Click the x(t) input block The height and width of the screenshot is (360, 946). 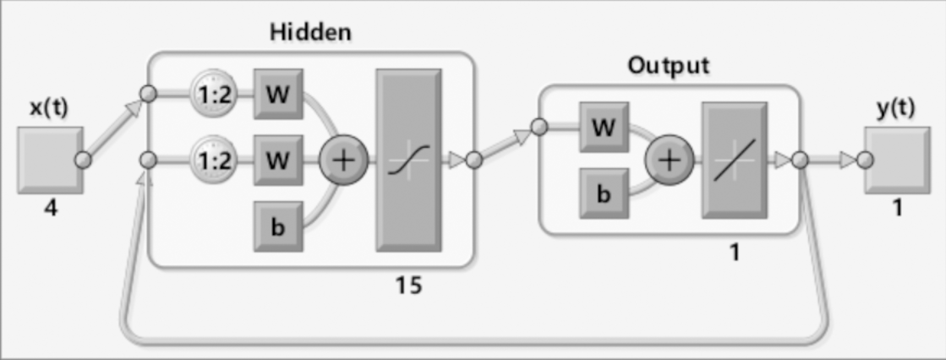tap(50, 160)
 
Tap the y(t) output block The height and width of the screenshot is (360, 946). tap(897, 160)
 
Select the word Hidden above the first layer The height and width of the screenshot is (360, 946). tap(310, 32)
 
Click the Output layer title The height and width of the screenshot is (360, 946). tap(669, 66)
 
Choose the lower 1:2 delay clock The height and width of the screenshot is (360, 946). tap(214, 160)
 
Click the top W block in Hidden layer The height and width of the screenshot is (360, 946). tap(278, 94)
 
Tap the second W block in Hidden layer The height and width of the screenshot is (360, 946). tap(278, 160)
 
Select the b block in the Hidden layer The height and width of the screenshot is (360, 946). tap(278, 227)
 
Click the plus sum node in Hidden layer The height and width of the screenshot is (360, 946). tap(343, 160)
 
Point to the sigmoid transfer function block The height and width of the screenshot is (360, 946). tap(408, 160)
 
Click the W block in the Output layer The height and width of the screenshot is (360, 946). tap(604, 127)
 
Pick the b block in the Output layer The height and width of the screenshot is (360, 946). tap(604, 193)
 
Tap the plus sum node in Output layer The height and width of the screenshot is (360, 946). tap(669, 160)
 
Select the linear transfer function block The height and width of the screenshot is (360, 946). tap(734, 160)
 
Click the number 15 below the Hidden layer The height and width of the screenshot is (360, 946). tap(408, 285)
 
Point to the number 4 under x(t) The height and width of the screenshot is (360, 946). tap(51, 208)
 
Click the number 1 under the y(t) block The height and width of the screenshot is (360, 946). tap(897, 208)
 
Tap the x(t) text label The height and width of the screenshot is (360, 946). tap(49, 107)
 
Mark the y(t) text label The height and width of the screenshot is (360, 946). tap(896, 107)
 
